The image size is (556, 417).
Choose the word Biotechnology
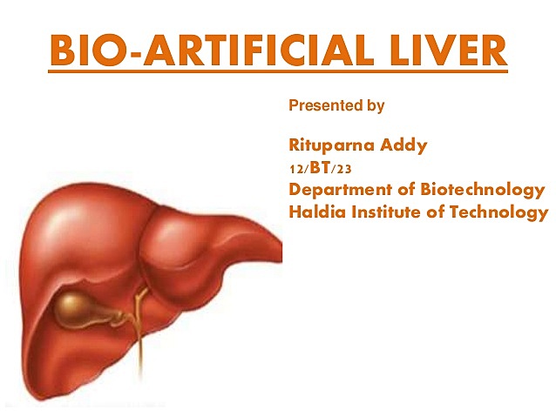coord(483,190)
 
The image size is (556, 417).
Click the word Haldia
coord(315,212)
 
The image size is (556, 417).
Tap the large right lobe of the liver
coord(78,252)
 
